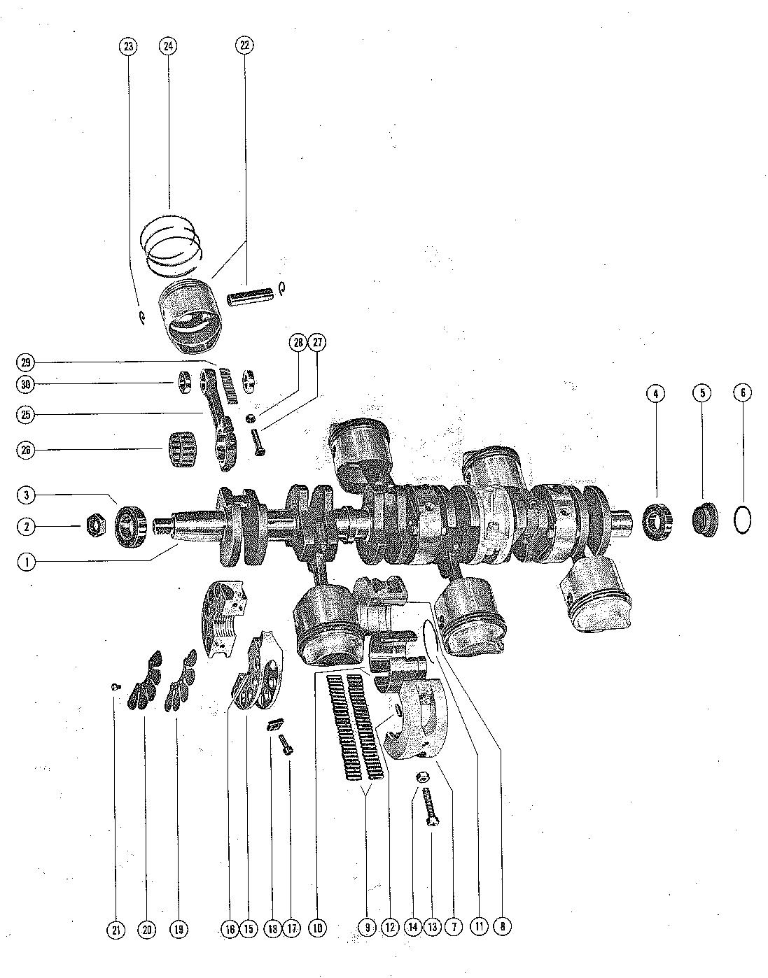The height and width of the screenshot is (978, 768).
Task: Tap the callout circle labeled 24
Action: point(168,47)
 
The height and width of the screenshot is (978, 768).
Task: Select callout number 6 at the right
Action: point(743,393)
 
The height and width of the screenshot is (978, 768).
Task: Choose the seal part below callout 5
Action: point(703,521)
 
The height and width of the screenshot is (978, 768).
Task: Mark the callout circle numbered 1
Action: point(26,562)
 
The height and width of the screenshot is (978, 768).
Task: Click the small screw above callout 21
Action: point(115,688)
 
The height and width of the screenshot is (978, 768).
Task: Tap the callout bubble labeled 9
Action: point(366,928)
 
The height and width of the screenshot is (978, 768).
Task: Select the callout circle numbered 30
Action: point(26,384)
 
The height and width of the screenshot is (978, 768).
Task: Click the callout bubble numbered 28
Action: point(299,343)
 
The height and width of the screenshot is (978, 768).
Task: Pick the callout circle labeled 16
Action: point(230,929)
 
